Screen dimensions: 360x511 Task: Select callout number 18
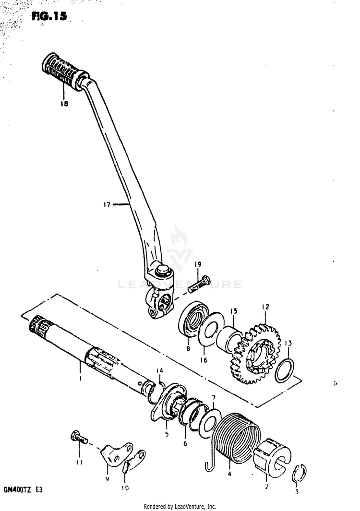pyautogui.click(x=64, y=103)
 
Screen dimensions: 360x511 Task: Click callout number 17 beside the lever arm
pyautogui.click(x=107, y=204)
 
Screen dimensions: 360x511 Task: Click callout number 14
pyautogui.click(x=160, y=370)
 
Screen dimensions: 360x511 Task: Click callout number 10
pyautogui.click(x=125, y=489)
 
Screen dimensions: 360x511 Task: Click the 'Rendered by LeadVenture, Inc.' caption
pyautogui.click(x=180, y=506)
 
